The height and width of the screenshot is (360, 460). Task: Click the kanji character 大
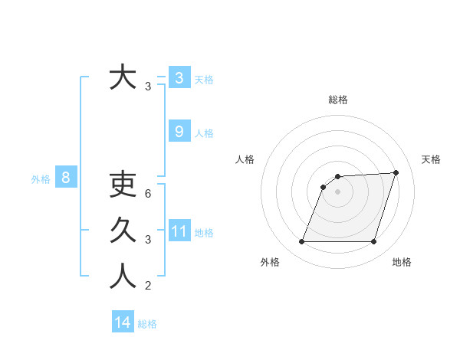pyautogui.click(x=123, y=78)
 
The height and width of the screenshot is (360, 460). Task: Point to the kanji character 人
pyautogui.click(x=123, y=276)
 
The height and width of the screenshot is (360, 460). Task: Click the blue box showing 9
pyautogui.click(x=179, y=132)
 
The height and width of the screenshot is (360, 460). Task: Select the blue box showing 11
pyautogui.click(x=179, y=231)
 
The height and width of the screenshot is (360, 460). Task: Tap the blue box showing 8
pyautogui.click(x=66, y=178)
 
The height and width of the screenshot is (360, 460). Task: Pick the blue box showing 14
pyautogui.click(x=123, y=322)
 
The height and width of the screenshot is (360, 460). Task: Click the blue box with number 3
pyautogui.click(x=179, y=77)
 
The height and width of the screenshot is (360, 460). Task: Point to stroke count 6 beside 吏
pyautogui.click(x=148, y=193)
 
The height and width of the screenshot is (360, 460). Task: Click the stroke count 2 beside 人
pyautogui.click(x=148, y=286)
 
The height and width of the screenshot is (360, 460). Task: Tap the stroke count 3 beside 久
pyautogui.click(x=148, y=240)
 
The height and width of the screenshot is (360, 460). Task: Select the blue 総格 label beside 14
pyautogui.click(x=147, y=324)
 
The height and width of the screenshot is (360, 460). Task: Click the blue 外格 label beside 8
pyautogui.click(x=41, y=179)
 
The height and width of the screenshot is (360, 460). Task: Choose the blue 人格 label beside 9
pyautogui.click(x=204, y=133)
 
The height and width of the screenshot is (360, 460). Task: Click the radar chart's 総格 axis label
pyautogui.click(x=337, y=100)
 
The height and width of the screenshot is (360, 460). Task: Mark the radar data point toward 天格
pyautogui.click(x=396, y=172)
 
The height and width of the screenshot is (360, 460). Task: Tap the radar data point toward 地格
pyautogui.click(x=373, y=242)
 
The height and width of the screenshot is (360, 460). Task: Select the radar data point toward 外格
pyautogui.click(x=301, y=242)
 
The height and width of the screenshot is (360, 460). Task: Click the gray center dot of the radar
pyautogui.click(x=337, y=191)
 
